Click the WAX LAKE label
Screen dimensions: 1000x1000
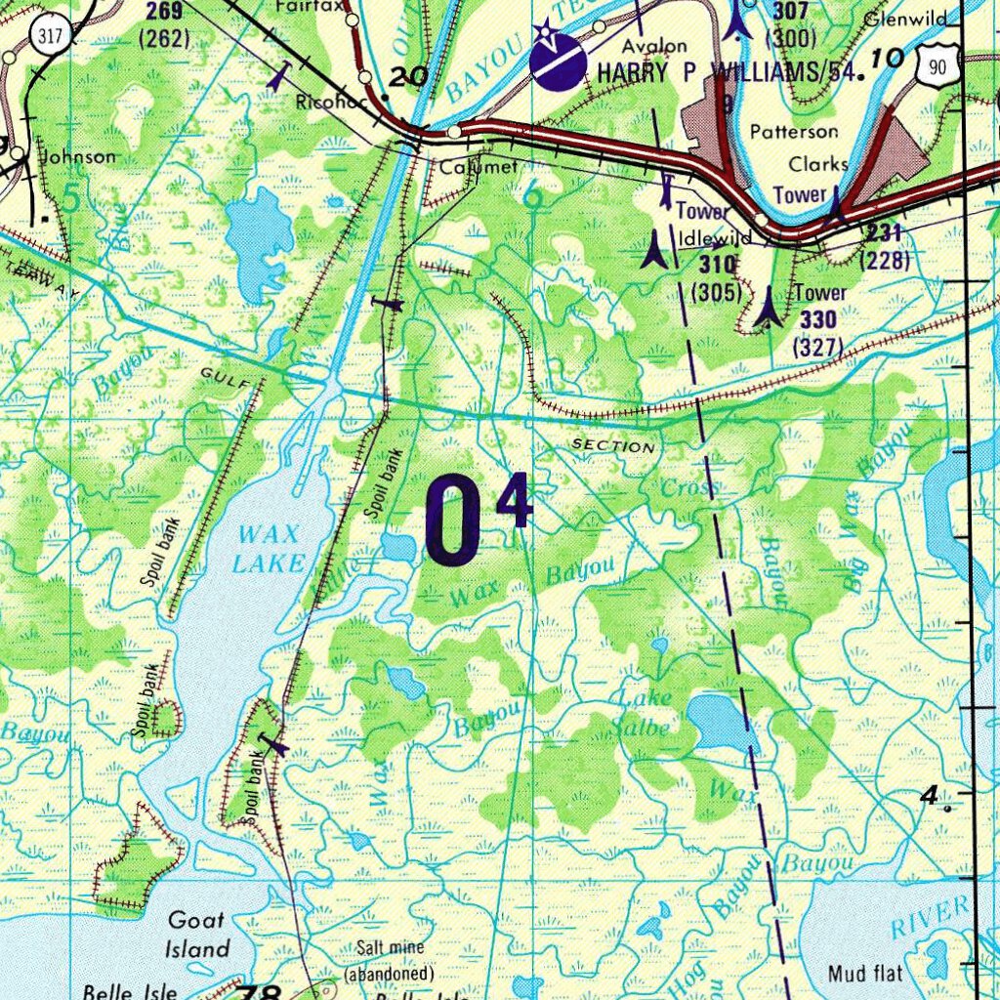coord(269,548)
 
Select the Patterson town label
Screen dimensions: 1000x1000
coord(793,131)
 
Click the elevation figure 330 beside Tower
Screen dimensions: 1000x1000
coord(817,319)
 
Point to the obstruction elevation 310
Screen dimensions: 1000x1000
coord(717,264)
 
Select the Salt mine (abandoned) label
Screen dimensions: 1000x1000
coord(389,964)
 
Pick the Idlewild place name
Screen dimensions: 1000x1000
coord(723,237)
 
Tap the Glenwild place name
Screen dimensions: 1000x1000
coord(905,19)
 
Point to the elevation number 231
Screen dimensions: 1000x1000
coord(883,232)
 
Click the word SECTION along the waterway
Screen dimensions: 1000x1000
coord(612,446)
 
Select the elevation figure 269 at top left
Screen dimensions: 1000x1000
coord(163,12)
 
